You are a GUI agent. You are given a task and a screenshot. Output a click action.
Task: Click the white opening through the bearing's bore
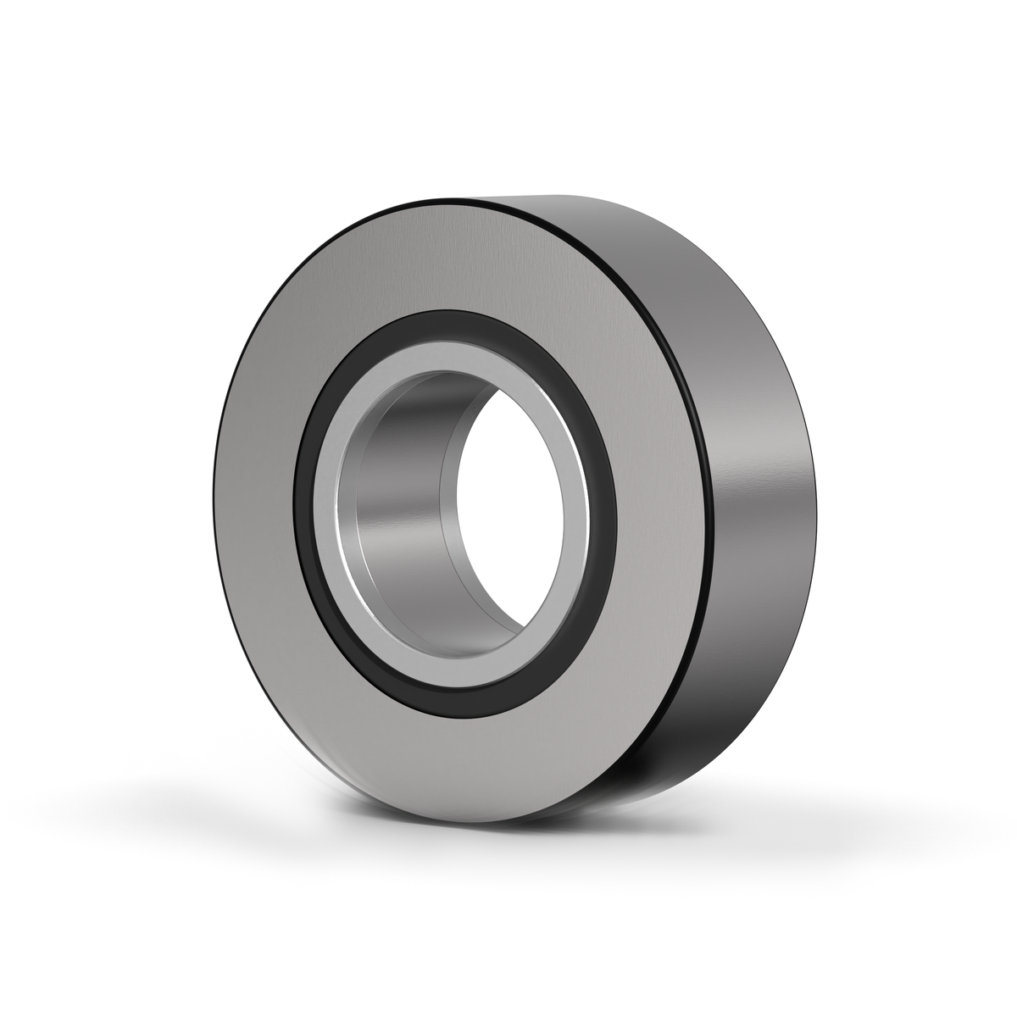(x=508, y=500)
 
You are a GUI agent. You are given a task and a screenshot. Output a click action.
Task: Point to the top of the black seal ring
(x=449, y=320)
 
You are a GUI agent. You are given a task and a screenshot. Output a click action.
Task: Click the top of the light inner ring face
(x=449, y=339)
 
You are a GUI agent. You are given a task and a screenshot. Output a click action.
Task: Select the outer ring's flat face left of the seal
(x=254, y=508)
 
